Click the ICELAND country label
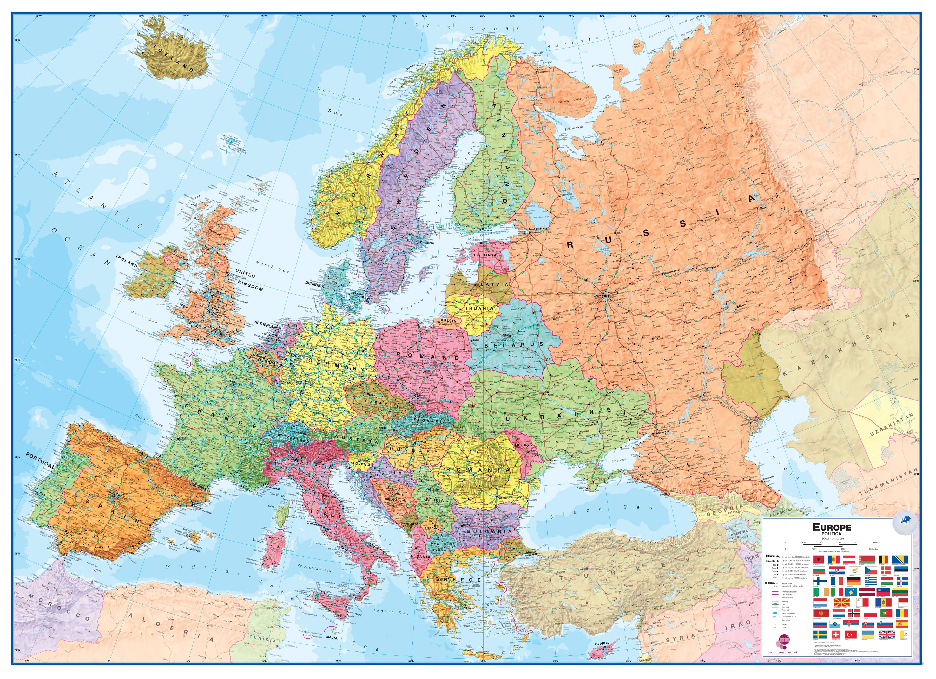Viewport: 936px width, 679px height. pyautogui.click(x=173, y=59)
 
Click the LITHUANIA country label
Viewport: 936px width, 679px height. pyautogui.click(x=476, y=308)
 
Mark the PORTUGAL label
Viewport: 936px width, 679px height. pyautogui.click(x=40, y=460)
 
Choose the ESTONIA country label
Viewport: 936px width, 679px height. pyautogui.click(x=485, y=255)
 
